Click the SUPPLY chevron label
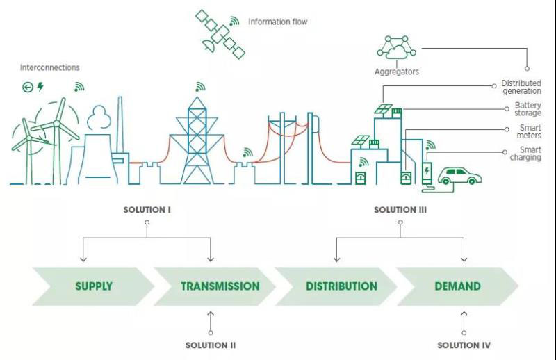93,286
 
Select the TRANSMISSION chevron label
220,286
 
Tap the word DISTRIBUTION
341,286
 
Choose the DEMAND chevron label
457,286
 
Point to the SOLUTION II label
211,345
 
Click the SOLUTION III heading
399,209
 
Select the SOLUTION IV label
464,345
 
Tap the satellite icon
220,33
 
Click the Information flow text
277,22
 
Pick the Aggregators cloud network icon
397,47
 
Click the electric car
459,176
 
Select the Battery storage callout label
528,109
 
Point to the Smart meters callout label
530,131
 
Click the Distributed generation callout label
521,87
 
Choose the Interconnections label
49,67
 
